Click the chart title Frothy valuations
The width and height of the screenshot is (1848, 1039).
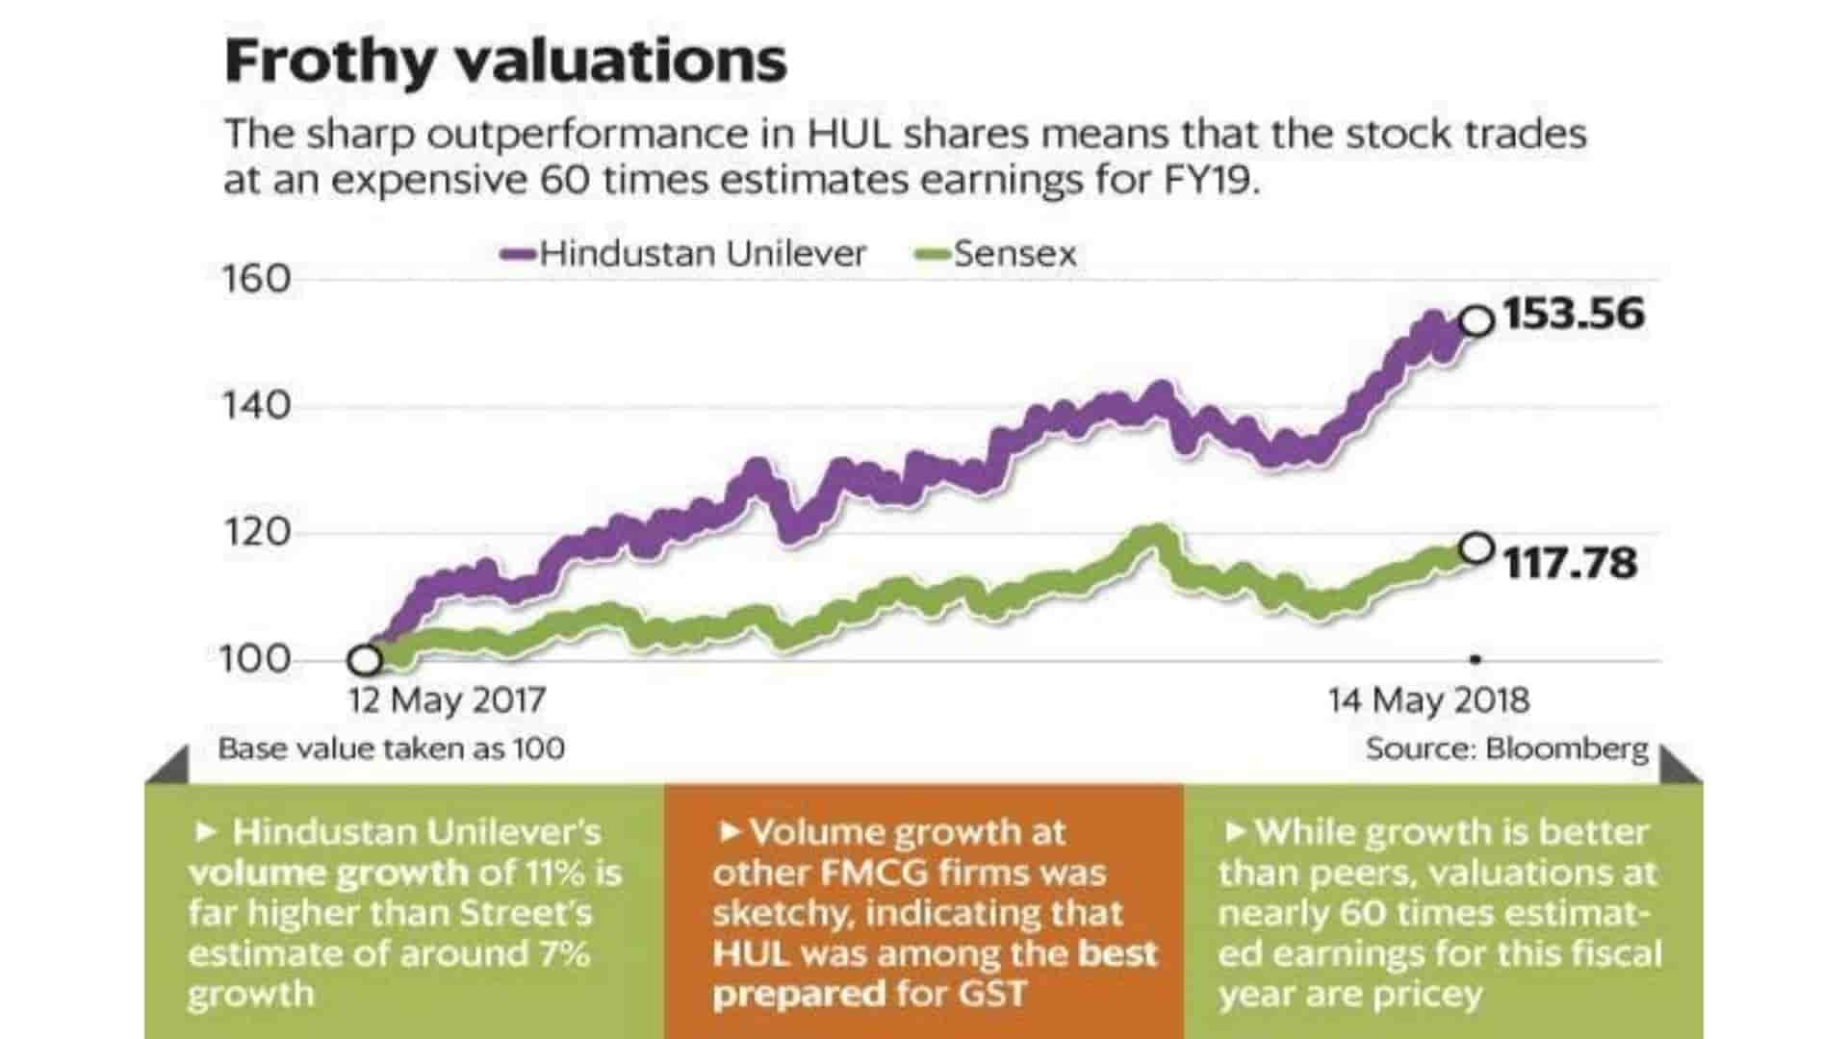(505, 61)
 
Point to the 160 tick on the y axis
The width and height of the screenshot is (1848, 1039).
(256, 279)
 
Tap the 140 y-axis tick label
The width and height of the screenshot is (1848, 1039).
(256, 406)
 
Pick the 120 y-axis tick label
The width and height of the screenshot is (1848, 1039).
(256, 532)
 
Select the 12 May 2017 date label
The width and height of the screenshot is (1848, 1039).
(447, 699)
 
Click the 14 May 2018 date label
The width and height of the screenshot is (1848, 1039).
(1428, 699)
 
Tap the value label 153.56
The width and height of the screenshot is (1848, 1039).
(1574, 315)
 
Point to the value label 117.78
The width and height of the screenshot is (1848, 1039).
(1570, 563)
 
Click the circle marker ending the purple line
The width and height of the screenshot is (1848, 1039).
(1477, 320)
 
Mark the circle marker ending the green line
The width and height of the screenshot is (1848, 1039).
(1476, 549)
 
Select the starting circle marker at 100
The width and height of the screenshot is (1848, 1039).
(365, 661)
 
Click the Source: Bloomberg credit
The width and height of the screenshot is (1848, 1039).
(1506, 748)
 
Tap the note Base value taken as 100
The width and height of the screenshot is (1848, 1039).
(391, 748)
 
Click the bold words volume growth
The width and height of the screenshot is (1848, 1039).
(328, 873)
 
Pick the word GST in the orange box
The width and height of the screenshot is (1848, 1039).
(992, 994)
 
